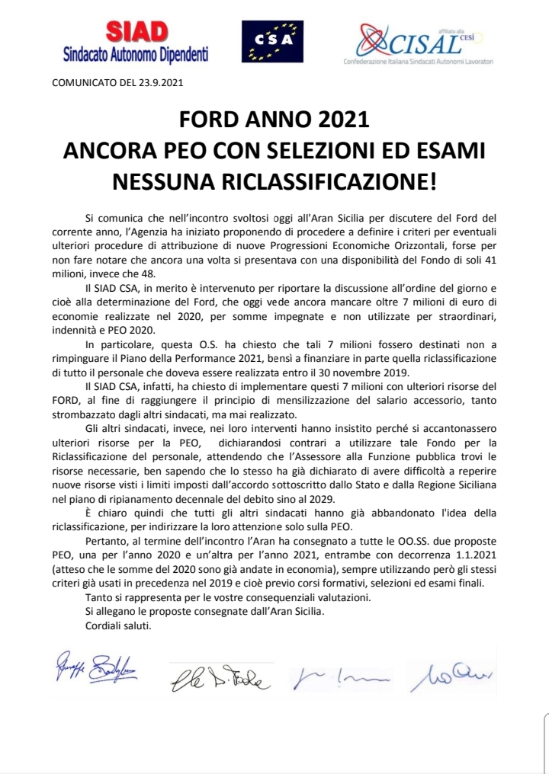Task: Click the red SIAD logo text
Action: coord(136,34)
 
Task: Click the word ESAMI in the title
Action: coord(448,151)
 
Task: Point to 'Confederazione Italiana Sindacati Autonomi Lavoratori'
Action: coord(418,59)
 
